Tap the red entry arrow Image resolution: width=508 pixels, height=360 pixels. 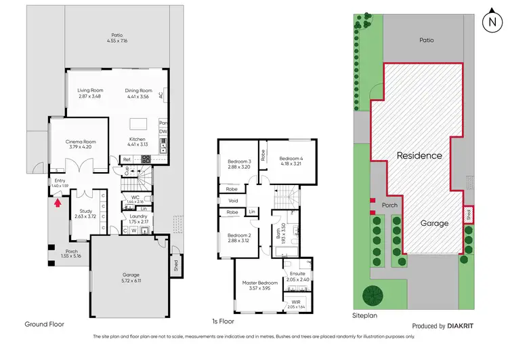point(57,201)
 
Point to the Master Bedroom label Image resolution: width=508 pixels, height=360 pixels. point(260,282)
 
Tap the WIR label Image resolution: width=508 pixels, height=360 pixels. point(295,303)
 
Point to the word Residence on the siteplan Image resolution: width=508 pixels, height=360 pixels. point(419,155)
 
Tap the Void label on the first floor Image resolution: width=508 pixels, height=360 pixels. point(232,201)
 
